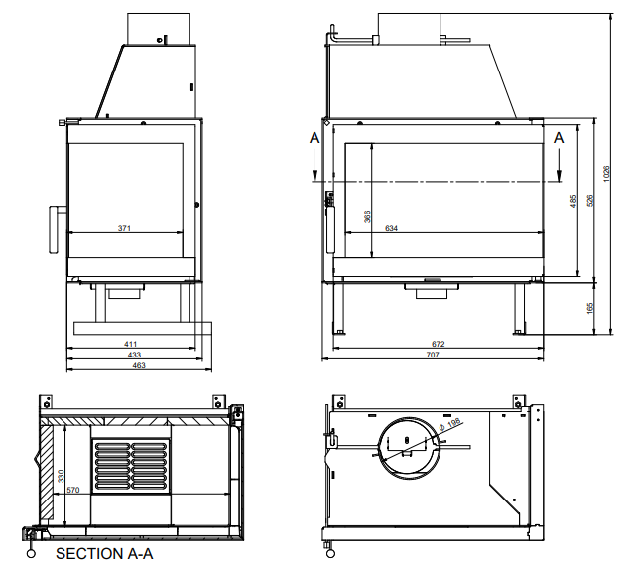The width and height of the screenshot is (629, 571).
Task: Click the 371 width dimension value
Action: (x=124, y=228)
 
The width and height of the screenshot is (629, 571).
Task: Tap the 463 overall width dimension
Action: (x=139, y=366)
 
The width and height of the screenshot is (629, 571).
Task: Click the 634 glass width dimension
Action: (x=391, y=229)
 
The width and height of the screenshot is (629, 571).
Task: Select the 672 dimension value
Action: (x=438, y=344)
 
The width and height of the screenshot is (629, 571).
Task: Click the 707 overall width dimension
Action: (x=433, y=355)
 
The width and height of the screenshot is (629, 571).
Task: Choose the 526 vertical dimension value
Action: (x=590, y=200)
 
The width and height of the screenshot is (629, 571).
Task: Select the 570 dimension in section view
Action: (x=71, y=490)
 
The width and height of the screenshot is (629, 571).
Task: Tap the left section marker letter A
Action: (x=314, y=138)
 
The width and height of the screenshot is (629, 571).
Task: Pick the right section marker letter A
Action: (x=559, y=138)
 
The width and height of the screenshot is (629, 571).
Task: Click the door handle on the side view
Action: (x=54, y=230)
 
